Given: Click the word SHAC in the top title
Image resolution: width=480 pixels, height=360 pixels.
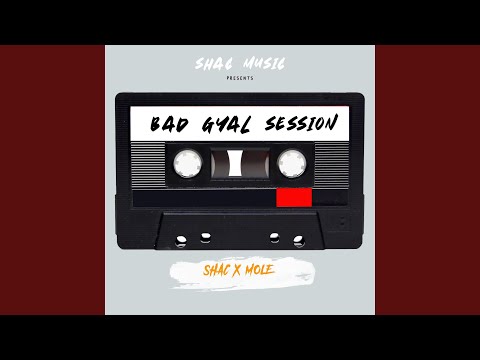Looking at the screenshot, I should point(213,64).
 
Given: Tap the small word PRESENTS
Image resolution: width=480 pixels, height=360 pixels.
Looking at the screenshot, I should point(240,78).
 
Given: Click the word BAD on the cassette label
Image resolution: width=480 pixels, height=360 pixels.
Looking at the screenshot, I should point(167,126).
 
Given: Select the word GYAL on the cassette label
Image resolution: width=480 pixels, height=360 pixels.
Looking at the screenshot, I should point(222,126).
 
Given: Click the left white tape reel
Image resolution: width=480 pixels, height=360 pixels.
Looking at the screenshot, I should point(185,161).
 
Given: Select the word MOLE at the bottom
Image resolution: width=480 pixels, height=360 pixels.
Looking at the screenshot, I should point(268,271).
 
